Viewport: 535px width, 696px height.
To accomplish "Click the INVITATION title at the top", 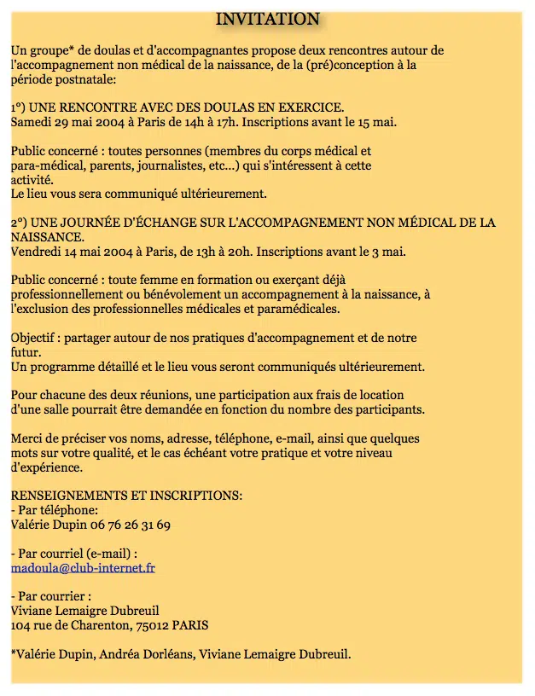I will click(267, 19).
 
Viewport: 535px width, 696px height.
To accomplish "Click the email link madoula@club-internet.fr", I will click(83, 567).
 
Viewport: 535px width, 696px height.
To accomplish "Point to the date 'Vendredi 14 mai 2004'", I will click(70, 252).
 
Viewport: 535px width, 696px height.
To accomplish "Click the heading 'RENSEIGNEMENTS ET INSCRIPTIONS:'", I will click(126, 496).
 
